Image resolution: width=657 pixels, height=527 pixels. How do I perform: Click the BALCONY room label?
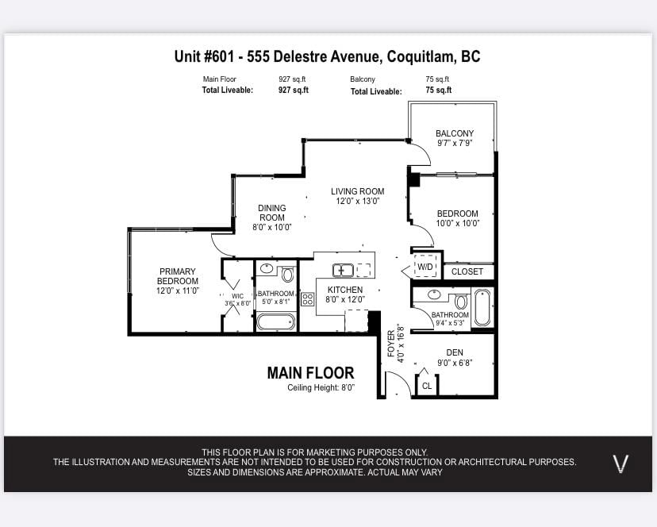(455, 133)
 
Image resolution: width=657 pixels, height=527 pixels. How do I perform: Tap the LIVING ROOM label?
(357, 191)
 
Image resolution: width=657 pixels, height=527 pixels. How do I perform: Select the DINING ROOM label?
(272, 213)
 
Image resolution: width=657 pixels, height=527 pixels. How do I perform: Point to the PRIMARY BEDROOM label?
(178, 276)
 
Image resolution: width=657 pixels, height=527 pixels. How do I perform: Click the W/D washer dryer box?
(425, 266)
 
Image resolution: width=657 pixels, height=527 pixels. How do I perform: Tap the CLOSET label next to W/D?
(467, 271)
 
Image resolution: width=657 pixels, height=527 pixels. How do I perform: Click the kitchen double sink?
(343, 271)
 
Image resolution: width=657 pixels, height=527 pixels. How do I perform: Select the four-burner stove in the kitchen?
(308, 299)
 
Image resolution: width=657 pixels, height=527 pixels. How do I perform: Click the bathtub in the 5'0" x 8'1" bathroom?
(275, 322)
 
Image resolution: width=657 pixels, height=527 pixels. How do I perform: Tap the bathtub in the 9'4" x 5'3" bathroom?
(482, 308)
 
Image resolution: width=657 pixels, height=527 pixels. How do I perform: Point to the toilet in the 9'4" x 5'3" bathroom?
(461, 300)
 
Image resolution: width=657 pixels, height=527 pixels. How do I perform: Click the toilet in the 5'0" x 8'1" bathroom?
(287, 274)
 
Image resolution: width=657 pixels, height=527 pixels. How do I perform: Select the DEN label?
(455, 352)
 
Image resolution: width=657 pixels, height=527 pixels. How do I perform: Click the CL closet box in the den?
(427, 386)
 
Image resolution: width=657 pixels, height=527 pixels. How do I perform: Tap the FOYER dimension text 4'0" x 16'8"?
(401, 344)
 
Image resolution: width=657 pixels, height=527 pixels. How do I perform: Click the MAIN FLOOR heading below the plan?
(310, 373)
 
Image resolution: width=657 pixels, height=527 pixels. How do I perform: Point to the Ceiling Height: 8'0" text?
(321, 387)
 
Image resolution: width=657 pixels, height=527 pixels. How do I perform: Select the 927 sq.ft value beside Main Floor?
(293, 79)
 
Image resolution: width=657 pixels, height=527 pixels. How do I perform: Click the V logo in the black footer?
(620, 464)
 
